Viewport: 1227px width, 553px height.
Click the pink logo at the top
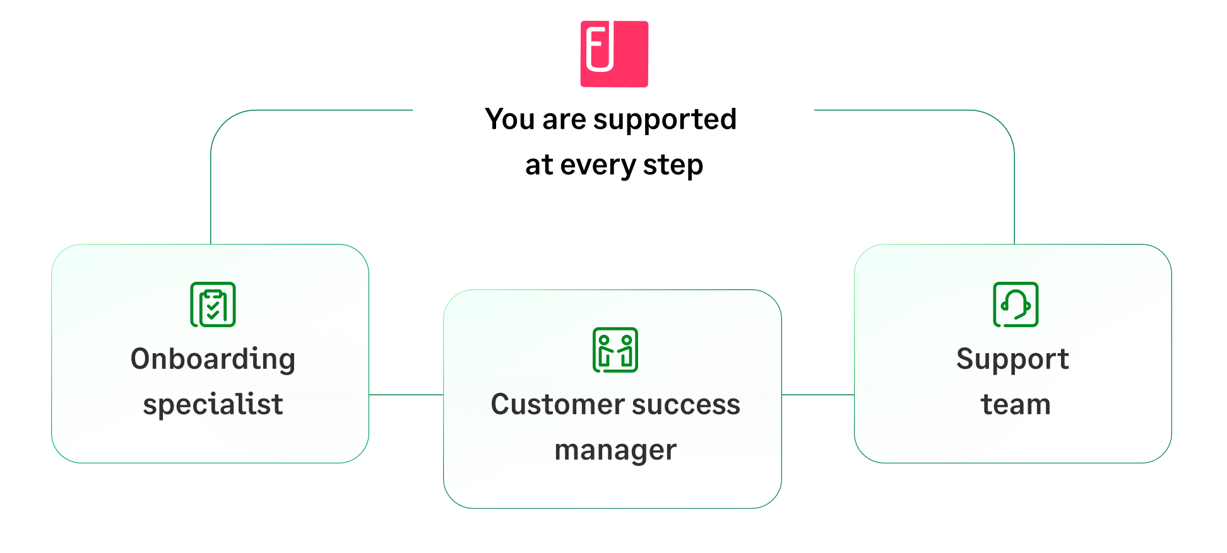point(614,54)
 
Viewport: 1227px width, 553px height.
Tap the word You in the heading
point(510,119)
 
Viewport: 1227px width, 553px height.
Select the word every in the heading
point(598,166)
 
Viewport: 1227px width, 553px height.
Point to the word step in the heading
point(673,166)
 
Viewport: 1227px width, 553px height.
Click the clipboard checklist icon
point(213,305)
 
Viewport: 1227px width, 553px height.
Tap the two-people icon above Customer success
point(615,350)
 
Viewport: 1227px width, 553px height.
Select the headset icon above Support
point(1016,305)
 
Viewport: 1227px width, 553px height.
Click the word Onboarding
point(213,359)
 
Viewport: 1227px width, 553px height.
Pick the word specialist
point(213,404)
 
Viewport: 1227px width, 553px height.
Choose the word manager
point(615,450)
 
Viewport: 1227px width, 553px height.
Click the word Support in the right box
point(1012,359)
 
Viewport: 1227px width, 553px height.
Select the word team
point(1016,404)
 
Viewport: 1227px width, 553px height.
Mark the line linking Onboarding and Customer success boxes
point(406,395)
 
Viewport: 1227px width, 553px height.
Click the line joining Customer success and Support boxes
point(818,395)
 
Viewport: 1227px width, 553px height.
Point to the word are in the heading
point(564,119)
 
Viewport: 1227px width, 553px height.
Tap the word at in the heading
point(539,165)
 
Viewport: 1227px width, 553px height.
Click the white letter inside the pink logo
point(600,47)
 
